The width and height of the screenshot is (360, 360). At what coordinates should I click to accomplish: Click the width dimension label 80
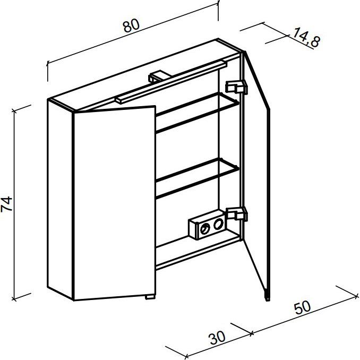(131, 25)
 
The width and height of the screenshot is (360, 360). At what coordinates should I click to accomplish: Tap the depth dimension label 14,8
(307, 37)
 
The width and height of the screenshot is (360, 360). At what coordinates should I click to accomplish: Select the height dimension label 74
(6, 204)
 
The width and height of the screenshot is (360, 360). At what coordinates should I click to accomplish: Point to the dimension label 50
(303, 307)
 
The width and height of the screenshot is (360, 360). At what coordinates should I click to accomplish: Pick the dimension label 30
(217, 338)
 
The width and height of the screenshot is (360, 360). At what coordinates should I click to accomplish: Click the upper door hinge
(236, 87)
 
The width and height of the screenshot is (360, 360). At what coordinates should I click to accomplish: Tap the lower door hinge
(236, 214)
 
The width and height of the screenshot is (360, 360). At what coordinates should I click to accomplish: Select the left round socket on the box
(205, 229)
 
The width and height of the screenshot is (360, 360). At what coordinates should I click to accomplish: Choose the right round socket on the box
(218, 224)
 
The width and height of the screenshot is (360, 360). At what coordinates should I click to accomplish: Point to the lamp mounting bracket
(158, 76)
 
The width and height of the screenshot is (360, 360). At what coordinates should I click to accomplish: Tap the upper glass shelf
(198, 113)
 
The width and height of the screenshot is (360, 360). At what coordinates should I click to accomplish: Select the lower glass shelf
(198, 178)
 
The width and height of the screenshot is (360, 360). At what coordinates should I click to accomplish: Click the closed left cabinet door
(115, 203)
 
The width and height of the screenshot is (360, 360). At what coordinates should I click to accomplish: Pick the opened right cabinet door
(256, 176)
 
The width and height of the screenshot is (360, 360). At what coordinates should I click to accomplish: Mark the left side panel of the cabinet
(61, 199)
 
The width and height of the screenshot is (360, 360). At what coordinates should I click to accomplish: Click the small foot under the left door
(150, 297)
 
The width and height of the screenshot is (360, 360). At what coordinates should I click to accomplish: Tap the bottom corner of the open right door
(268, 300)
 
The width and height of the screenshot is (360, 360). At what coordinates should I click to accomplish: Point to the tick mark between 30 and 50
(252, 333)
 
